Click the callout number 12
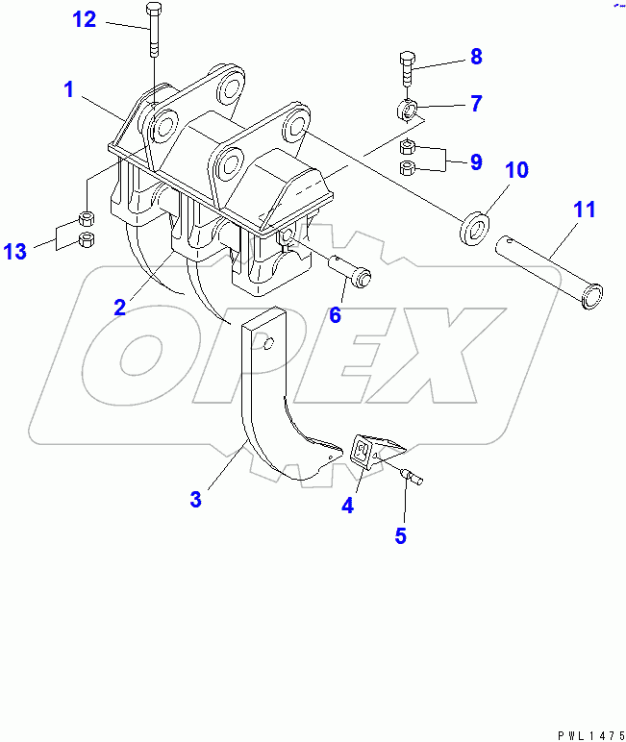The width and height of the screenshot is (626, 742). click(x=85, y=19)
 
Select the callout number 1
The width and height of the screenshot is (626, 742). click(x=69, y=89)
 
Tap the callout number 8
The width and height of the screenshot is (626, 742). click(x=476, y=57)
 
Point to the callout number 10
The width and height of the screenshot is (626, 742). click(x=516, y=170)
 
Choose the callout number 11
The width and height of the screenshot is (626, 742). click(x=585, y=210)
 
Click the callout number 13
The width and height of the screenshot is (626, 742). click(x=15, y=251)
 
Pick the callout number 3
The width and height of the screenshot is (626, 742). click(x=195, y=499)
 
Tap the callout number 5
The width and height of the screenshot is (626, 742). click(x=401, y=535)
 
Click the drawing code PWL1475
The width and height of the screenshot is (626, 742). click(x=591, y=735)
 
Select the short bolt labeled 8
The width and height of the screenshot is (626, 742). click(x=407, y=69)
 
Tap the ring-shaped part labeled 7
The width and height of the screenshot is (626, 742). click(x=407, y=111)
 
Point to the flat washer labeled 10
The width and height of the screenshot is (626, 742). click(x=474, y=230)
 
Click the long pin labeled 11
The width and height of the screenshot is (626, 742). click(x=549, y=272)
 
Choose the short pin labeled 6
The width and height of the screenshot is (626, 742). click(x=350, y=272)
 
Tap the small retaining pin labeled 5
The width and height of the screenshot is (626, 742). click(x=412, y=476)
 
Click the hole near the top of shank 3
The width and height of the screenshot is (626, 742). click(x=268, y=344)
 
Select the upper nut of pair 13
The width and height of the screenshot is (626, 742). click(x=86, y=219)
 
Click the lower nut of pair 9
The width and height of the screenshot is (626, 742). click(x=408, y=167)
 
